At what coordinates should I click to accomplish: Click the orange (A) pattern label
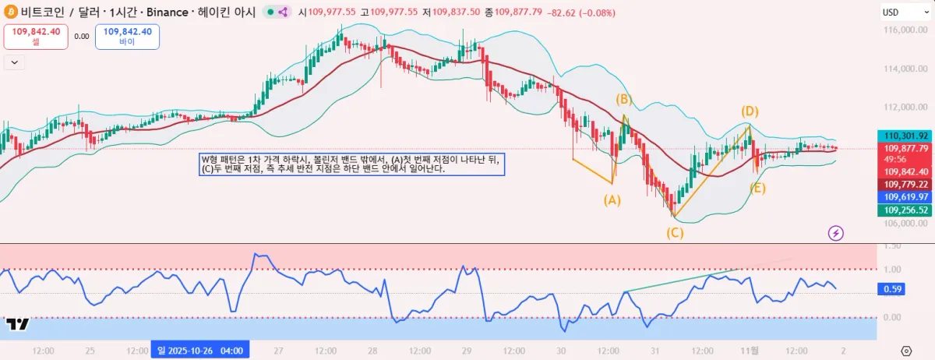pyautogui.click(x=612, y=199)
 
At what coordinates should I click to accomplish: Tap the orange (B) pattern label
pyautogui.click(x=623, y=99)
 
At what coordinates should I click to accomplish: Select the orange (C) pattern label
pyautogui.click(x=675, y=232)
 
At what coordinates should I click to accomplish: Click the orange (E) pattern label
pyautogui.click(x=757, y=188)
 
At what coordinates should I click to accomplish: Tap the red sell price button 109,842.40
pyautogui.click(x=36, y=37)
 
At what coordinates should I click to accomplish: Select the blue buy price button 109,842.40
pyautogui.click(x=127, y=37)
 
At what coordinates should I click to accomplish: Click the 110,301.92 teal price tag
pyautogui.click(x=902, y=135)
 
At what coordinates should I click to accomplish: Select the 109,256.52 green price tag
pyautogui.click(x=902, y=210)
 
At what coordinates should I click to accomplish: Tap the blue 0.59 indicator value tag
pyautogui.click(x=892, y=289)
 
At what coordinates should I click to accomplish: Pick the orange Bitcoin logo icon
pyautogui.click(x=11, y=12)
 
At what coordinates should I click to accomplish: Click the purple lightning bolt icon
pyautogui.click(x=836, y=232)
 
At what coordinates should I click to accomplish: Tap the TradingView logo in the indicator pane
pyautogui.click(x=18, y=325)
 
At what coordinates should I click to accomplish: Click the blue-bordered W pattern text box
pyautogui.click(x=352, y=164)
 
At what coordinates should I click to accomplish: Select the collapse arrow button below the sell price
pyautogui.click(x=13, y=62)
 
